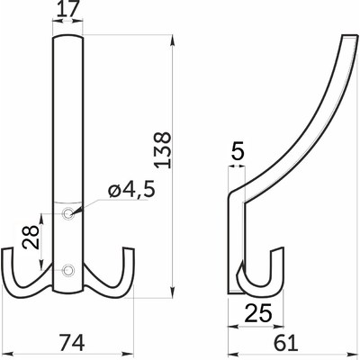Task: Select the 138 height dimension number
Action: [x=161, y=148]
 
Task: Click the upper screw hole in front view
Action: [x=68, y=213]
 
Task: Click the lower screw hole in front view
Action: [x=68, y=268]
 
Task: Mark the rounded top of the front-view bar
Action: [x=68, y=37]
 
